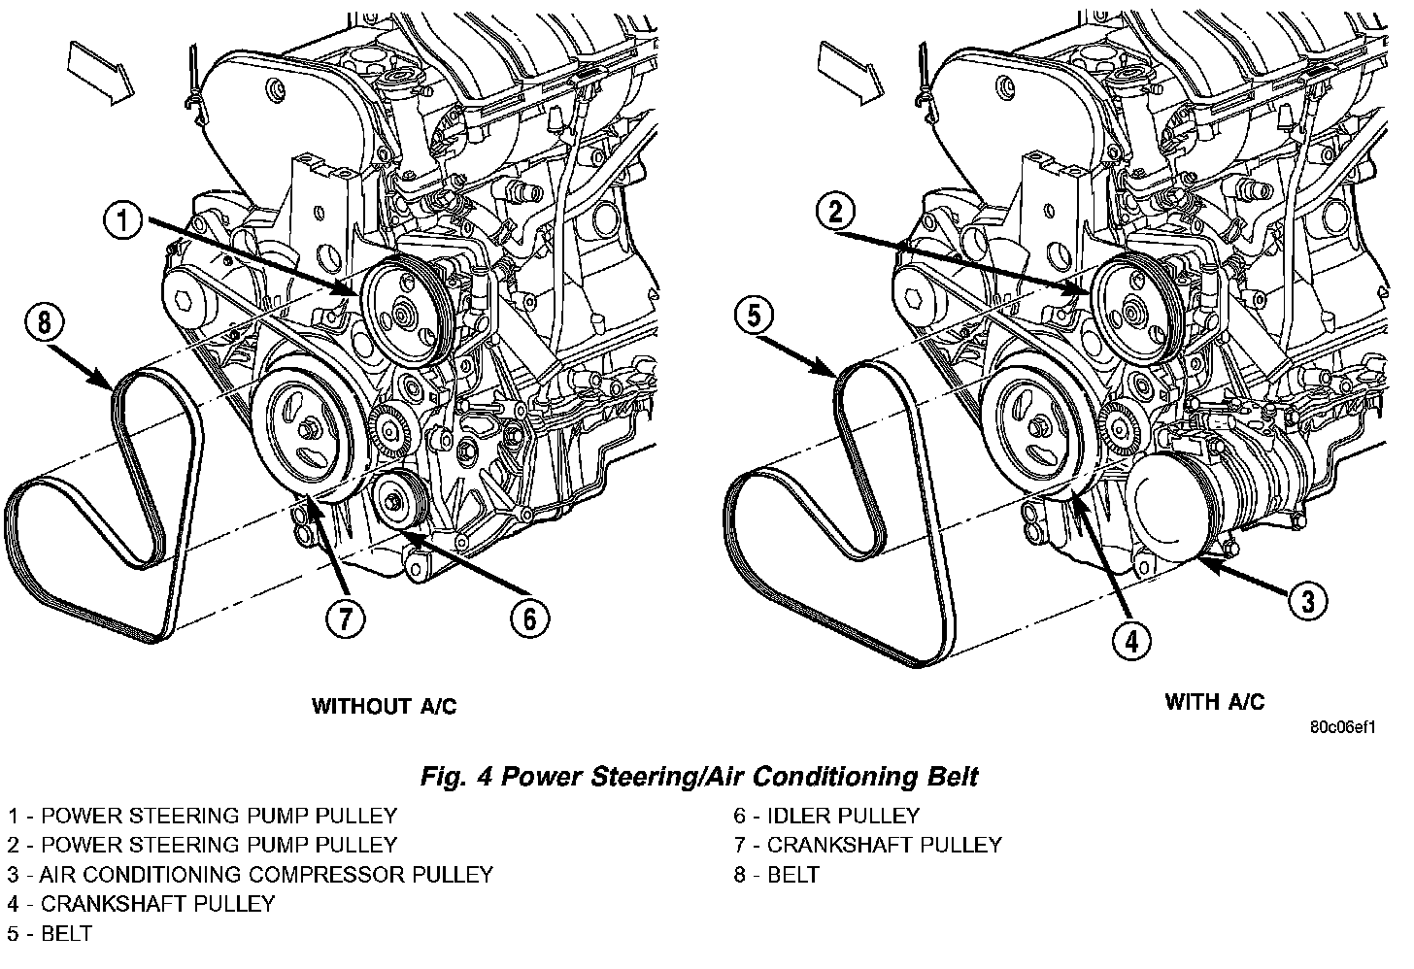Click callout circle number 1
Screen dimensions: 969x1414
point(123,222)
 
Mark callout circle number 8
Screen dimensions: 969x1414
point(45,321)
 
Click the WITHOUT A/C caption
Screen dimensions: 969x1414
point(384,706)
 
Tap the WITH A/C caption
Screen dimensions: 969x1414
point(1215,701)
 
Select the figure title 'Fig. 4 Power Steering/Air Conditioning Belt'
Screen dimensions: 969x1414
point(699,777)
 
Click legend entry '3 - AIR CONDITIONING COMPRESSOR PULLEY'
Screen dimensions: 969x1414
point(251,874)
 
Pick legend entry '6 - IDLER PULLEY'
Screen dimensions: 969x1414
point(826,816)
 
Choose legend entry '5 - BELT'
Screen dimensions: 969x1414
point(50,933)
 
